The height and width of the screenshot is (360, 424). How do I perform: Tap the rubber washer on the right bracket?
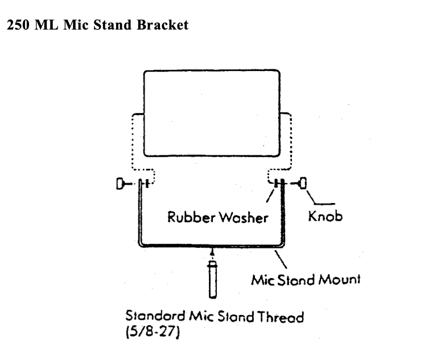coord(277,183)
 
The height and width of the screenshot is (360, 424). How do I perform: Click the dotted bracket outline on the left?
coord(137,142)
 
